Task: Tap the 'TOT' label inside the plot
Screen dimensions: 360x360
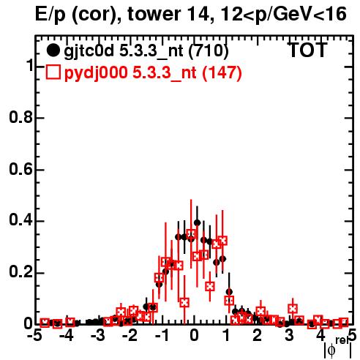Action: pos(308,50)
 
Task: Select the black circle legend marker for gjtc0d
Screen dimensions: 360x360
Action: pos(53,50)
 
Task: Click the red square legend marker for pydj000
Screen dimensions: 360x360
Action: pos(53,72)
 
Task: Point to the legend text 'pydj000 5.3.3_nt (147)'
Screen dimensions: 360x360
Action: pos(153,73)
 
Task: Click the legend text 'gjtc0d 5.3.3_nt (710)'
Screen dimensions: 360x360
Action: pos(146,51)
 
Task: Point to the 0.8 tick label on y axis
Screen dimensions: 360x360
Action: pos(21,118)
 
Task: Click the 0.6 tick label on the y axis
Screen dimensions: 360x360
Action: pos(21,169)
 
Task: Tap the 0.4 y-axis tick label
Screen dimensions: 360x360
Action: pos(21,221)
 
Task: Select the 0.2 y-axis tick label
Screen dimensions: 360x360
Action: pos(21,273)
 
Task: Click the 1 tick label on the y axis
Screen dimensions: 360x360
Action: pos(30,66)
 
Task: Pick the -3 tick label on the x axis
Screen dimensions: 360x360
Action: pos(98,336)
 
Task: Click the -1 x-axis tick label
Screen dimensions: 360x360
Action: pos(162,336)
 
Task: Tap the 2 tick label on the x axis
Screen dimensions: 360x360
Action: pos(258,336)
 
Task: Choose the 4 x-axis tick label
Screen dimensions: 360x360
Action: pos(321,336)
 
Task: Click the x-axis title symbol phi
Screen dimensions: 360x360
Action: pos(331,350)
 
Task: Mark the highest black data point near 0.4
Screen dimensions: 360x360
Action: pos(198,222)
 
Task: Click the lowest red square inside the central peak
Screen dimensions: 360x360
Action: pos(184,303)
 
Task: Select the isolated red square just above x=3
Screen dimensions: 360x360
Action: pos(293,309)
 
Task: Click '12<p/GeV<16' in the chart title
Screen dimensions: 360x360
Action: pos(282,14)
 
